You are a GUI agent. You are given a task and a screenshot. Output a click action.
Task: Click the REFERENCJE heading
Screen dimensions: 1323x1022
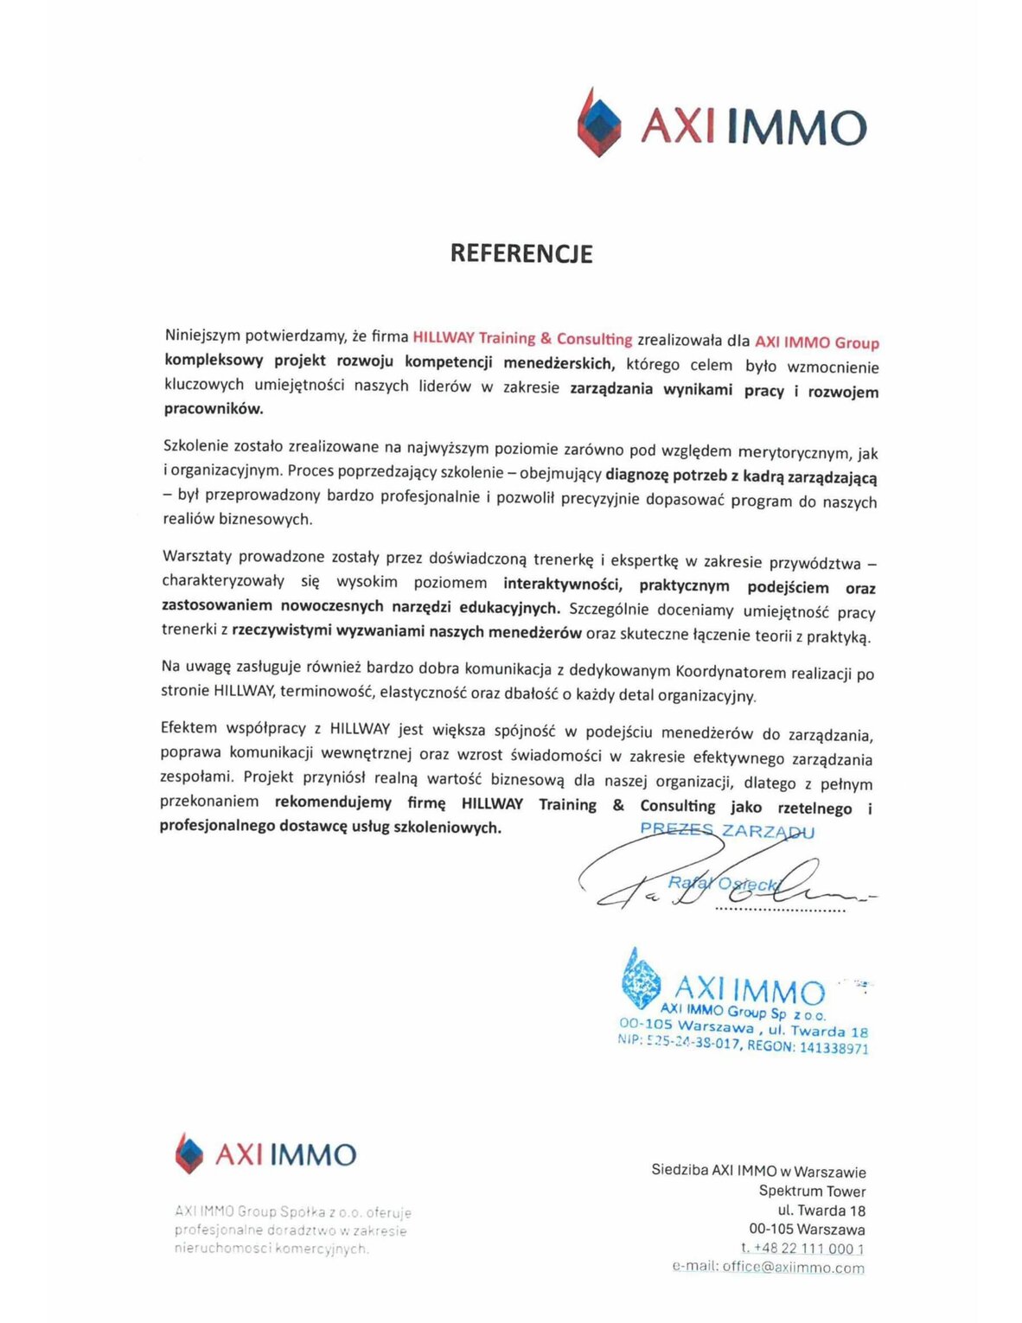click(521, 253)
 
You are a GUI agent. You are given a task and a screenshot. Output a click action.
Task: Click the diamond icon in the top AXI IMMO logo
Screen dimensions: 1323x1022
click(599, 124)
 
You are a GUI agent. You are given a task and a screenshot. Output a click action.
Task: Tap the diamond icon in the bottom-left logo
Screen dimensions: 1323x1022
click(188, 1154)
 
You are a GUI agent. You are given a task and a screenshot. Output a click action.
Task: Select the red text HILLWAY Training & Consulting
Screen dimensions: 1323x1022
click(522, 338)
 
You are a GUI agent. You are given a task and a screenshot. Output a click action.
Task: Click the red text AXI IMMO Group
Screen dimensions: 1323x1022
click(816, 342)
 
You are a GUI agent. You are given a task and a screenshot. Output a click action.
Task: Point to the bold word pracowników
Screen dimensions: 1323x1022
click(214, 408)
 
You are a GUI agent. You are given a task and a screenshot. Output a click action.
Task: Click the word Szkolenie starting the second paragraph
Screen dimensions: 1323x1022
click(198, 446)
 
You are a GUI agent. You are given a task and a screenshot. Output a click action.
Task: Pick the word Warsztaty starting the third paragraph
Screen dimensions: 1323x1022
click(196, 556)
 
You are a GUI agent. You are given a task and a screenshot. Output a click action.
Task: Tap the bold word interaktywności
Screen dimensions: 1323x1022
click(562, 584)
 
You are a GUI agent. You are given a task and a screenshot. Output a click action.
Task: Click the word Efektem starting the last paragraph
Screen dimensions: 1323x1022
click(188, 728)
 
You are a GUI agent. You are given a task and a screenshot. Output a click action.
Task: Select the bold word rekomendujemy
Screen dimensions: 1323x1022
click(333, 802)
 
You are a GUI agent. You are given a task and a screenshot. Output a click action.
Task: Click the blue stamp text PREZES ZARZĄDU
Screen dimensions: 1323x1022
click(726, 831)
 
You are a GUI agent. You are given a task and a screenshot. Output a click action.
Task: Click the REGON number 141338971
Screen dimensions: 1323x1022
click(834, 1048)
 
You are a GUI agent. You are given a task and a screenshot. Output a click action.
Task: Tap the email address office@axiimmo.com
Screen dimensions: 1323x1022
click(793, 1268)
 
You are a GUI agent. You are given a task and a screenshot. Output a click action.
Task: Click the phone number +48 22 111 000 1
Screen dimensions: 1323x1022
click(808, 1249)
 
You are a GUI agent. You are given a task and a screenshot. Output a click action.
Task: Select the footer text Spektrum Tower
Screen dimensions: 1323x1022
click(812, 1191)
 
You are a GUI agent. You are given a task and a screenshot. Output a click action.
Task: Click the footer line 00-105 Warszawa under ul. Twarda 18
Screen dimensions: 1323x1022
click(807, 1230)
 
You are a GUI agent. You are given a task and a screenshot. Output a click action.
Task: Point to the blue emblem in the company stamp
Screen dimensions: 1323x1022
click(640, 980)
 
